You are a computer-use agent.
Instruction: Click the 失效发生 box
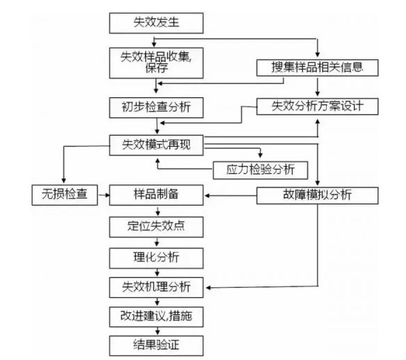(156, 24)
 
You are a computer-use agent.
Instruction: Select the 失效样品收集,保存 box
(156, 61)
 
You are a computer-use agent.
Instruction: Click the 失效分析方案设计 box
(318, 107)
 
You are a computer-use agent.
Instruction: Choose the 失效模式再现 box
(156, 145)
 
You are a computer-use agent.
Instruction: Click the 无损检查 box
(63, 194)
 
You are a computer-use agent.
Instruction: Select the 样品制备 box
(156, 194)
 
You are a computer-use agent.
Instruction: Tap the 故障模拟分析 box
(318, 194)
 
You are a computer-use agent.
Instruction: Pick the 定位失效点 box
(156, 226)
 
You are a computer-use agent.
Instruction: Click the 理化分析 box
(156, 257)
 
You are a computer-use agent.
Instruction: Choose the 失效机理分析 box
(156, 287)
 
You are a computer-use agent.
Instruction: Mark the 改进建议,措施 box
(156, 316)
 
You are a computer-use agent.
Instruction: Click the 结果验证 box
(156, 344)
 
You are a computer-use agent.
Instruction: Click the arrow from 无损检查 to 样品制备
(103, 194)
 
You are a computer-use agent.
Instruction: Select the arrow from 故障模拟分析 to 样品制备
(229, 194)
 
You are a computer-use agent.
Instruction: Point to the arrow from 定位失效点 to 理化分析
(156, 242)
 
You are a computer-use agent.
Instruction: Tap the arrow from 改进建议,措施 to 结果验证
(156, 330)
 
